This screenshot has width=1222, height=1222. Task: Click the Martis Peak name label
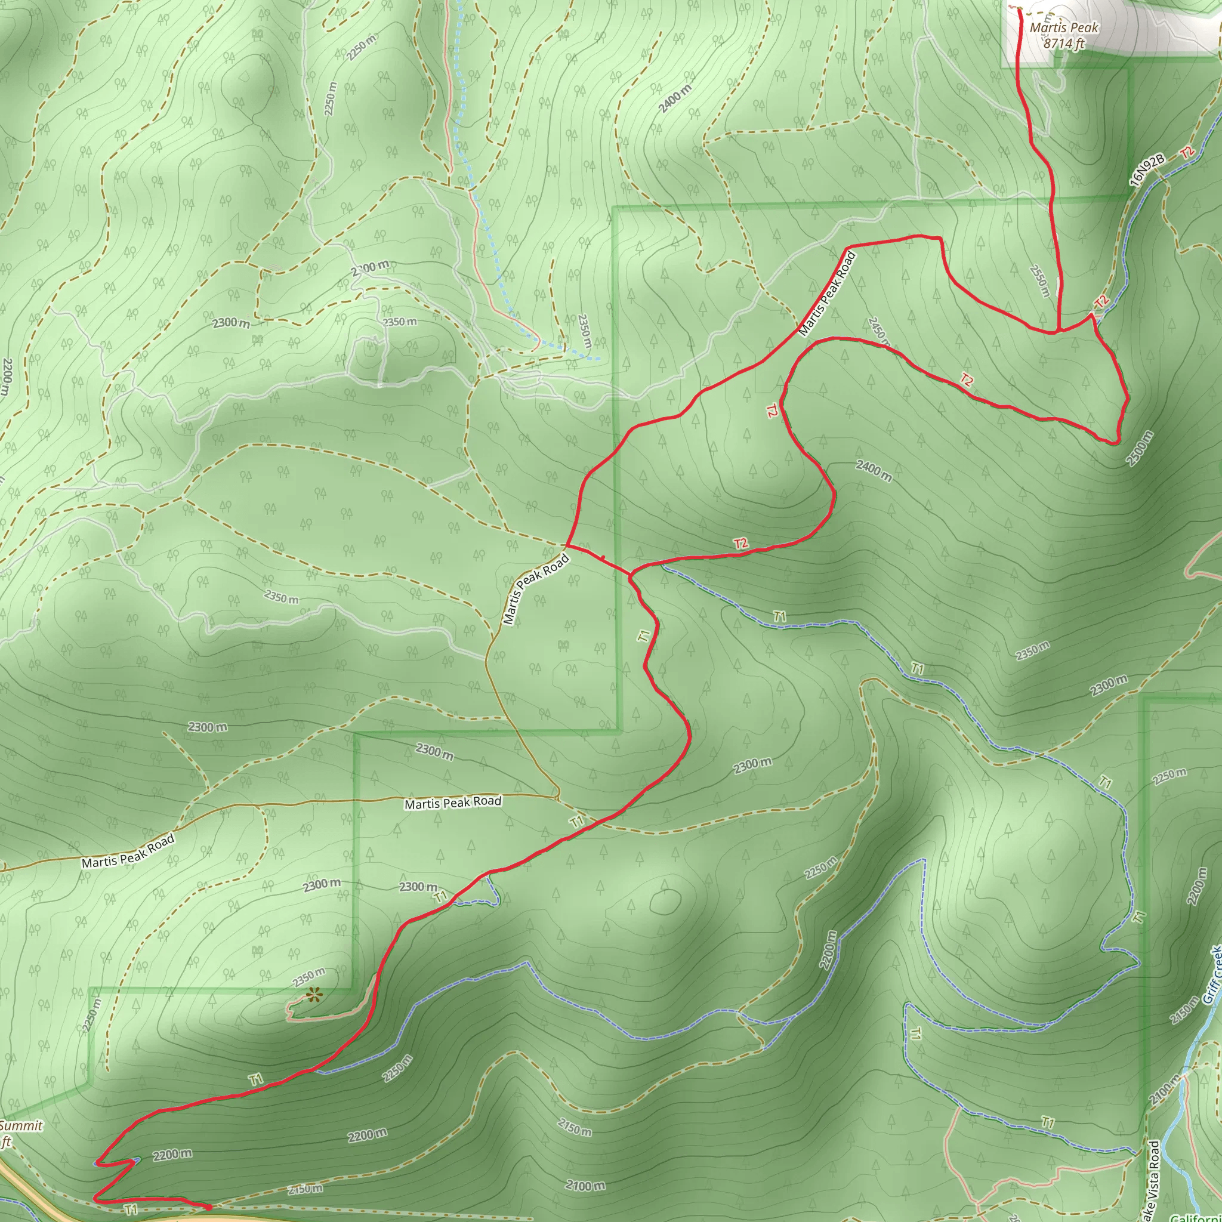click(1064, 28)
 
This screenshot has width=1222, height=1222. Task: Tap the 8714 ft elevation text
click(1064, 44)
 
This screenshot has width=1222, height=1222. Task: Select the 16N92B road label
click(1147, 170)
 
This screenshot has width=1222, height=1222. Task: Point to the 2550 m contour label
click(1040, 281)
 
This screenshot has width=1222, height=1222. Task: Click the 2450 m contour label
click(879, 332)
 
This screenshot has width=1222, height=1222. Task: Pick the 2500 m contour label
click(1140, 449)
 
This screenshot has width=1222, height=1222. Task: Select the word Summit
click(21, 1125)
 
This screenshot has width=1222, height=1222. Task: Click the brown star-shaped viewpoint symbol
click(313, 996)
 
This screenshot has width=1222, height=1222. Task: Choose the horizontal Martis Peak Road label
click(453, 803)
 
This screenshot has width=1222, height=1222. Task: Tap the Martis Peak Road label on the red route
click(826, 294)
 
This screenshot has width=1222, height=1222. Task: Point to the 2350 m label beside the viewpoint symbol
click(308, 977)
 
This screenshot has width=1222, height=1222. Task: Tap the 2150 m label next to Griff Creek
click(1183, 1011)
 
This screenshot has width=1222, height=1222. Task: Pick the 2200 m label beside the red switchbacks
click(172, 1155)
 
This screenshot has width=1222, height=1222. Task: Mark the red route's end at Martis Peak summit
click(1019, 9)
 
